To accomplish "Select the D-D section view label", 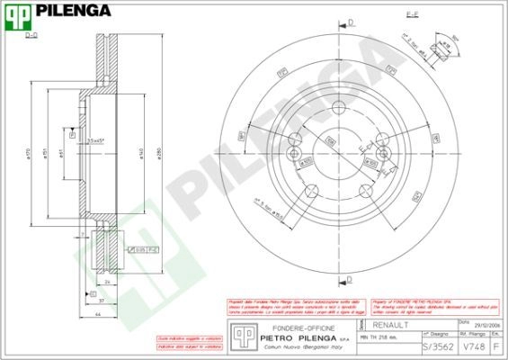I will (x=31, y=35).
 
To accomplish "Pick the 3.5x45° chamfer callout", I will (x=95, y=141).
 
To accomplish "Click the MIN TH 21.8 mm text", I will (x=379, y=336).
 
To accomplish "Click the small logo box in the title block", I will (x=240, y=334).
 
